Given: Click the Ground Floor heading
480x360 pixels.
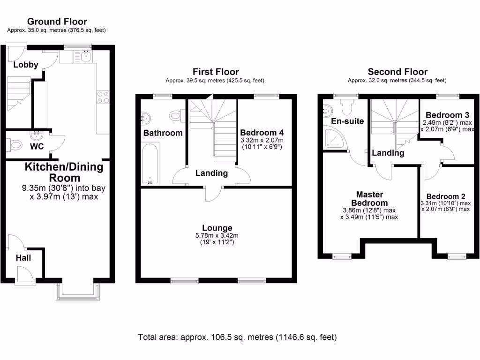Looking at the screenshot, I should click(57, 22).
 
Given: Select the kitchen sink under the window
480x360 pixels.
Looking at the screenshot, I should click(86, 57).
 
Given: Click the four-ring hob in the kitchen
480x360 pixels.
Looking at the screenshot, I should click(103, 97).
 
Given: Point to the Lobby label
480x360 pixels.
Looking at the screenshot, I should click(25, 65).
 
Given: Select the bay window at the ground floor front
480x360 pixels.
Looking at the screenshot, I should click(78, 291).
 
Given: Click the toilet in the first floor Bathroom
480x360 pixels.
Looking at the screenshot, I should click(176, 114).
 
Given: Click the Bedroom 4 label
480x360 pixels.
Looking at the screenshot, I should click(262, 132).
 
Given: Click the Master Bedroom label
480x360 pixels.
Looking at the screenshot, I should click(369, 198).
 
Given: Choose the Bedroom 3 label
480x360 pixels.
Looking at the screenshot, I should click(445, 115).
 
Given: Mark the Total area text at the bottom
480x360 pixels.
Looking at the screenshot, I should click(237, 337).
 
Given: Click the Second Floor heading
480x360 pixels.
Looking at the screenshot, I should click(397, 72).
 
